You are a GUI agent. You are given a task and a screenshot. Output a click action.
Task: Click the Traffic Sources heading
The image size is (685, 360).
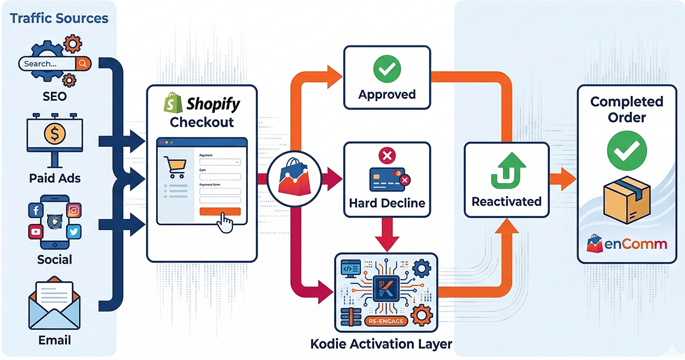pyautogui.click(x=59, y=18)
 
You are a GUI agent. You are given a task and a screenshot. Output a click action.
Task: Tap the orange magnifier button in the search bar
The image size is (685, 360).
pyautogui.click(x=83, y=64)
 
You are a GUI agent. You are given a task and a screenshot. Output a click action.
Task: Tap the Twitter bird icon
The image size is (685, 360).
pyautogui.click(x=73, y=232)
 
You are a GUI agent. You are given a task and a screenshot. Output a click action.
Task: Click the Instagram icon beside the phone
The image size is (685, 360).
pyautogui.click(x=73, y=210)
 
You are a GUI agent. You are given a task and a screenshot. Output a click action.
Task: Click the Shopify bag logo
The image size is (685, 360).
pyautogui.click(x=174, y=102)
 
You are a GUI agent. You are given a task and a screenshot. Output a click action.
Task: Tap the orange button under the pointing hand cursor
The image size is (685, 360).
pyautogui.click(x=220, y=212)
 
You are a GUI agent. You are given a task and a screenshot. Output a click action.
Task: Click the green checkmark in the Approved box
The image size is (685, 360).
pyautogui.click(x=387, y=69)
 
